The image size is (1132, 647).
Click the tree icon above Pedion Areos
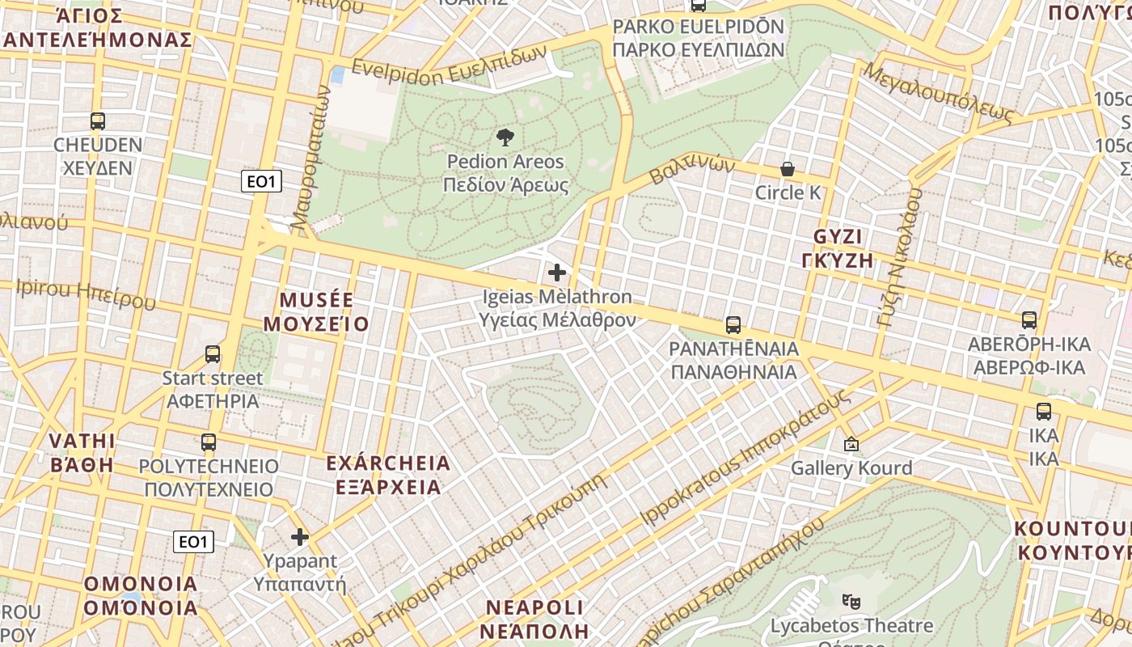pyautogui.click(x=505, y=137)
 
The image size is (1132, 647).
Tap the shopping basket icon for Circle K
pyautogui.click(x=787, y=169)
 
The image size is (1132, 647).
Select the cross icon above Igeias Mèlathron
pyautogui.click(x=557, y=273)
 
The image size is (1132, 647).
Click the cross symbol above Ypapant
pyautogui.click(x=300, y=536)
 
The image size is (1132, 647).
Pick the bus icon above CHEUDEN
pyautogui.click(x=98, y=121)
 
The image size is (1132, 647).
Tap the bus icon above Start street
pyautogui.click(x=213, y=354)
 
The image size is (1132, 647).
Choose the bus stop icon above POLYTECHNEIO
pyautogui.click(x=209, y=442)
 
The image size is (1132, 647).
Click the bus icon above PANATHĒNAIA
pyautogui.click(x=733, y=325)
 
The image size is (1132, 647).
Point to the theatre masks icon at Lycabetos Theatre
pyautogui.click(x=851, y=601)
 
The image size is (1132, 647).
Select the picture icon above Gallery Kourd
pyautogui.click(x=851, y=444)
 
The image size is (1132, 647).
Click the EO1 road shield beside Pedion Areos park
pyautogui.click(x=261, y=182)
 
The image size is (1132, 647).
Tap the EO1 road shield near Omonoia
pyautogui.click(x=193, y=542)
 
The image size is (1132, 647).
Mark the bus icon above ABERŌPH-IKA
pyautogui.click(x=1029, y=320)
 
